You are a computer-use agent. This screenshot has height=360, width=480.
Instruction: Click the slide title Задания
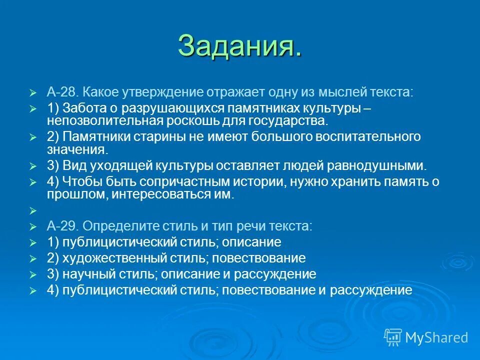point(239,46)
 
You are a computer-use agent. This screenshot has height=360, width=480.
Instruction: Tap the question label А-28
point(62,92)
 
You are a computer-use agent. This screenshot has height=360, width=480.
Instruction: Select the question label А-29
point(62,226)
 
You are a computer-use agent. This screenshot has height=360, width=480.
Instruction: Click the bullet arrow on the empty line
point(33,210)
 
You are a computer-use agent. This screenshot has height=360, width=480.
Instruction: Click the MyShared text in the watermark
point(436,337)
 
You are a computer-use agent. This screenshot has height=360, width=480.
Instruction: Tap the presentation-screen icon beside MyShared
point(393,337)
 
